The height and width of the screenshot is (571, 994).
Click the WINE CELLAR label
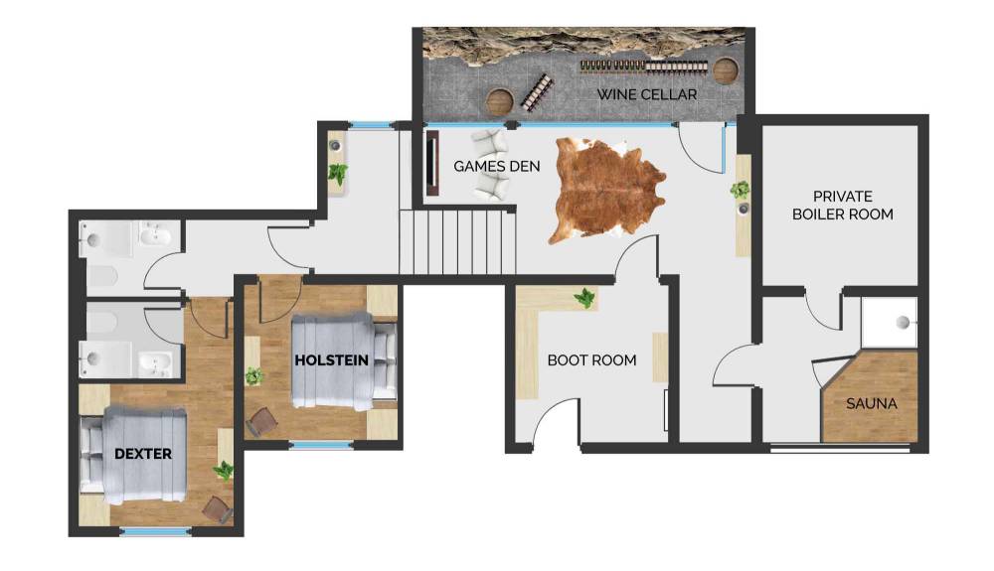click(647, 94)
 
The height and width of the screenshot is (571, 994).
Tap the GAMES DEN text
click(496, 167)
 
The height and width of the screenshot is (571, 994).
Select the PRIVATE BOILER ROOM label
click(843, 206)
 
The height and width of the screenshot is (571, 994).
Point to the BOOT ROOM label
click(591, 360)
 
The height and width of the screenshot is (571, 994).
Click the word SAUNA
click(871, 403)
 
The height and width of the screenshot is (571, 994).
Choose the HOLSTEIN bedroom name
click(331, 360)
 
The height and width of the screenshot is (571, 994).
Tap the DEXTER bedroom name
click(142, 454)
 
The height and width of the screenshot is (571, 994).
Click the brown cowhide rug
click(607, 190)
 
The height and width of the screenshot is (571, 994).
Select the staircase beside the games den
click(457, 242)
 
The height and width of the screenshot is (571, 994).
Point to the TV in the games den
click(432, 163)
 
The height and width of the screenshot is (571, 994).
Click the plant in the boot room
click(584, 298)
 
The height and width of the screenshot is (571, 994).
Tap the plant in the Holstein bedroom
click(254, 376)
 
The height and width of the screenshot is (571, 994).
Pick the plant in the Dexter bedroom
click(223, 471)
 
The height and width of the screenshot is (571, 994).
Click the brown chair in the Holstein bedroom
click(261, 422)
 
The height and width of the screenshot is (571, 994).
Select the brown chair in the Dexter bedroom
click(218, 509)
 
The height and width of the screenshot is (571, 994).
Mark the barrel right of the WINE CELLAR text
click(727, 71)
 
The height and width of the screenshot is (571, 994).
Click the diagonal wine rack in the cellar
click(537, 92)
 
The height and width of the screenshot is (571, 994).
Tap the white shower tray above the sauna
click(889, 322)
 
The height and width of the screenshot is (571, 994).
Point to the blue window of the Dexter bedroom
click(155, 531)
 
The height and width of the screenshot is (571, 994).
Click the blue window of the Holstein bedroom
click(321, 445)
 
